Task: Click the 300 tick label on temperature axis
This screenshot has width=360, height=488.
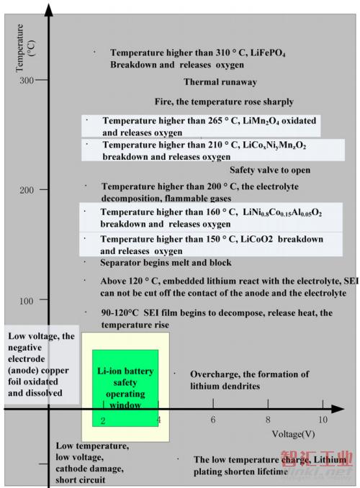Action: coord(26,81)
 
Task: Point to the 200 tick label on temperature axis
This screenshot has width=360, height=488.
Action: coord(26,190)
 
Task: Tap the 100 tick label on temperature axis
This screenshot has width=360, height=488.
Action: coord(26,301)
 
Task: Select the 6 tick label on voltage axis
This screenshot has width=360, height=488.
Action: coord(213,420)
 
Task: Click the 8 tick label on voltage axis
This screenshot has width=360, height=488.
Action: coord(268,420)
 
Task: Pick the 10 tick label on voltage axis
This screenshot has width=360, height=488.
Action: coord(323,420)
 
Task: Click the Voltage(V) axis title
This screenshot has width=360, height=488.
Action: coord(293,434)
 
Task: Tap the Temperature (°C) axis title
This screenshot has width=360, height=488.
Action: coord(25,48)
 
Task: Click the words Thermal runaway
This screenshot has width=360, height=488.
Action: coord(220,82)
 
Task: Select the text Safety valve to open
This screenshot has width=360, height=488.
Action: coord(270,170)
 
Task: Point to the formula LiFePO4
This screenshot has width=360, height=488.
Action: coord(268,53)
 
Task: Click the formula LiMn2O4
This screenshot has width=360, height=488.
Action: coord(261,121)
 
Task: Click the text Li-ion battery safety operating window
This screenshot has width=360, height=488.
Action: coord(125,388)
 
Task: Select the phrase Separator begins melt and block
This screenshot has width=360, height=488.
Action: coord(166,263)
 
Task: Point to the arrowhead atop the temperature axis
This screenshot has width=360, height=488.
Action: coord(48,10)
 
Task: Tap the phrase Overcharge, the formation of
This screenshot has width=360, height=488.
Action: coord(249,374)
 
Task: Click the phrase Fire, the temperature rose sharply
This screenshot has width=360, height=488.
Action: coord(224,101)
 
